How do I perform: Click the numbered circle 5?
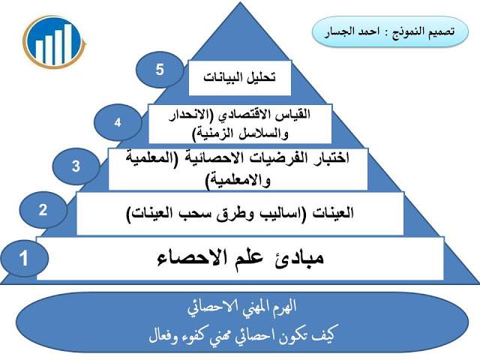pos(160,70)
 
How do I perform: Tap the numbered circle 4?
pos(118,122)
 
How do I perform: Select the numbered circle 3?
pos(76,166)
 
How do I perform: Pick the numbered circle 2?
pos(43,210)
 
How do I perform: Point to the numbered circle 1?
pos(24,258)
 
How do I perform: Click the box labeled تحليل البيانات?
pos(240,78)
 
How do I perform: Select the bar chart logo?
pos(54,42)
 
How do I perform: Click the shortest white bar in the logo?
pos(39,52)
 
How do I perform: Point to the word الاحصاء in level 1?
pos(193,259)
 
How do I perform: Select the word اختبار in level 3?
pos(330,158)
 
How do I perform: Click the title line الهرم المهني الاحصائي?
pos(241,307)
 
